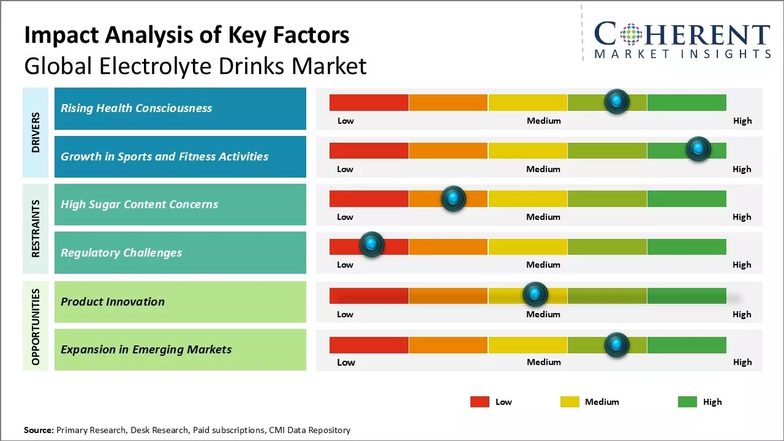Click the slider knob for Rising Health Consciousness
click(617, 101)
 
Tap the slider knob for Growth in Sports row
click(698, 149)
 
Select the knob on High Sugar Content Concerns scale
click(453, 198)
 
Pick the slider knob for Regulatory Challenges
click(371, 245)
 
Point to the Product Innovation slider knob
click(535, 295)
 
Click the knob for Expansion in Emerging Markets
click(617, 345)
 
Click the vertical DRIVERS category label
click(36, 132)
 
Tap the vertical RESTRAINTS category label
click(36, 228)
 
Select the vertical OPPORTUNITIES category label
click(36, 326)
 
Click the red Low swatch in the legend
click(480, 402)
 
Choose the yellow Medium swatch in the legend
click(570, 402)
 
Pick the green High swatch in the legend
click(687, 402)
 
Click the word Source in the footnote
click(38, 430)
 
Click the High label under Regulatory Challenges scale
click(742, 265)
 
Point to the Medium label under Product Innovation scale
click(543, 314)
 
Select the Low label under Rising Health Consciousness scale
click(345, 121)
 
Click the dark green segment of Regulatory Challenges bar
click(687, 246)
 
